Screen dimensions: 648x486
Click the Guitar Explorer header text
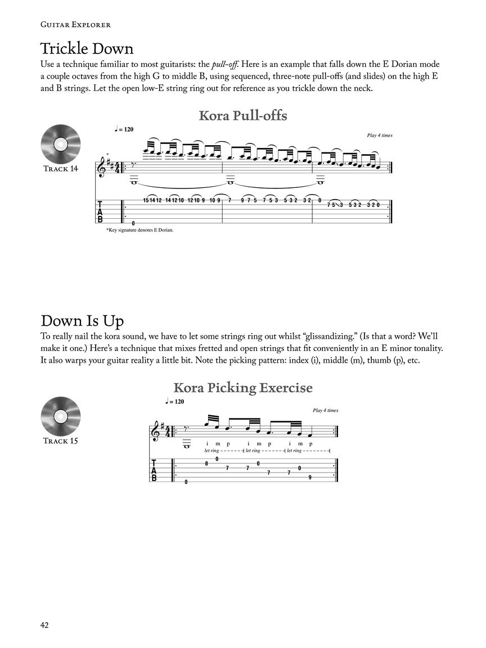point(75,24)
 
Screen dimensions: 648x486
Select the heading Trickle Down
point(87,48)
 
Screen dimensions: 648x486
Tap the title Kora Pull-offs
point(243,116)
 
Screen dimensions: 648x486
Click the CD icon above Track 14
point(61,144)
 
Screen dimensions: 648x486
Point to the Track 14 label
point(61,169)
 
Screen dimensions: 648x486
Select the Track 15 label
point(61,441)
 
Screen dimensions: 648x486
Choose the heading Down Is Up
point(82,321)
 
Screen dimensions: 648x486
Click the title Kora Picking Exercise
point(243,388)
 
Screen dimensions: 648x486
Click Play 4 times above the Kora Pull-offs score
point(380,136)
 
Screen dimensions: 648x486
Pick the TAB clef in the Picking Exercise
point(154,470)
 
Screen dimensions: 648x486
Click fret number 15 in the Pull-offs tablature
point(147,200)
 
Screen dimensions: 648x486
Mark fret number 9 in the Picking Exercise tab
point(310,477)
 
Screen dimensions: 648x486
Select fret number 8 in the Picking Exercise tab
point(206,463)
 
